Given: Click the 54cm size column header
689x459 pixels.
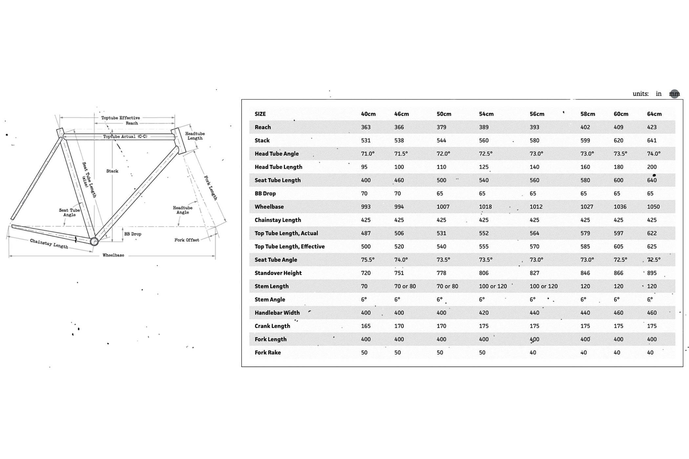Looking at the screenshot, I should [486, 114].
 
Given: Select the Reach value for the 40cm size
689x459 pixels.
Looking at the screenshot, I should [365, 127].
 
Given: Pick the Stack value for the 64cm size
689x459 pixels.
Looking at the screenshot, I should [652, 141].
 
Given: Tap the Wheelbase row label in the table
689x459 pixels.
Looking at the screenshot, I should [269, 207].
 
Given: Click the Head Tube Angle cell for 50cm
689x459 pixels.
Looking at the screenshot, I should [443, 154].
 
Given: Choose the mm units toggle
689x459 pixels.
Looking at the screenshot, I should [674, 94].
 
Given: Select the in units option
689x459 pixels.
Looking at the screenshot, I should [658, 94].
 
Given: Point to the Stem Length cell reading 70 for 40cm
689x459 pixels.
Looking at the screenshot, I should [364, 286].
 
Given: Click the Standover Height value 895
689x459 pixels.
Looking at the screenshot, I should [652, 273].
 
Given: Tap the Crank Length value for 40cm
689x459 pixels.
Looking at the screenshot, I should [365, 326].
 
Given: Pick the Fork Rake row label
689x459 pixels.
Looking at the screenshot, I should [268, 353].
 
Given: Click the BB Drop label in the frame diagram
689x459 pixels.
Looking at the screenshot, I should [133, 234].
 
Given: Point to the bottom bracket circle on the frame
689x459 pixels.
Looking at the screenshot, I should [94, 242].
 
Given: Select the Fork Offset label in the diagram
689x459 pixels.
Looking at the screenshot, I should [187, 240].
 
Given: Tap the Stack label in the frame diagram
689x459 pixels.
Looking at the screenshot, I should [112, 171].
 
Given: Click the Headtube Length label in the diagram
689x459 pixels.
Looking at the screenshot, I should [195, 136].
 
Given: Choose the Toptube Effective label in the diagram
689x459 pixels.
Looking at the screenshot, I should [120, 118].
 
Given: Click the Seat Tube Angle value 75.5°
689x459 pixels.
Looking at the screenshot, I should [367, 260].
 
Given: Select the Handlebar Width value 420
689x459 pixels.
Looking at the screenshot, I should [484, 313].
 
